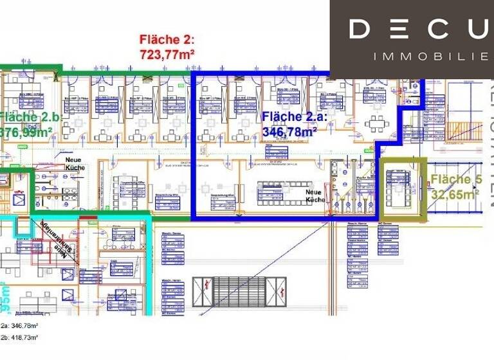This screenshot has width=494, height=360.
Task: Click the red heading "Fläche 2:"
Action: [167, 39]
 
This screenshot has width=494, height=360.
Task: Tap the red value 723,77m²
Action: [167, 53]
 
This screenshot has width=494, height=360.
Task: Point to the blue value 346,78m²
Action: [289, 131]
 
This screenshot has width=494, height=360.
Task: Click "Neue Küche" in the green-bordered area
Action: [75, 161]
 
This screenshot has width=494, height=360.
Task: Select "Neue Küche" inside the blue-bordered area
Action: [315, 195]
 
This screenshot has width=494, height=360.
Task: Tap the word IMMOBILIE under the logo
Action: [430, 57]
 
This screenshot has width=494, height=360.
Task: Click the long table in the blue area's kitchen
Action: [280, 191]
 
